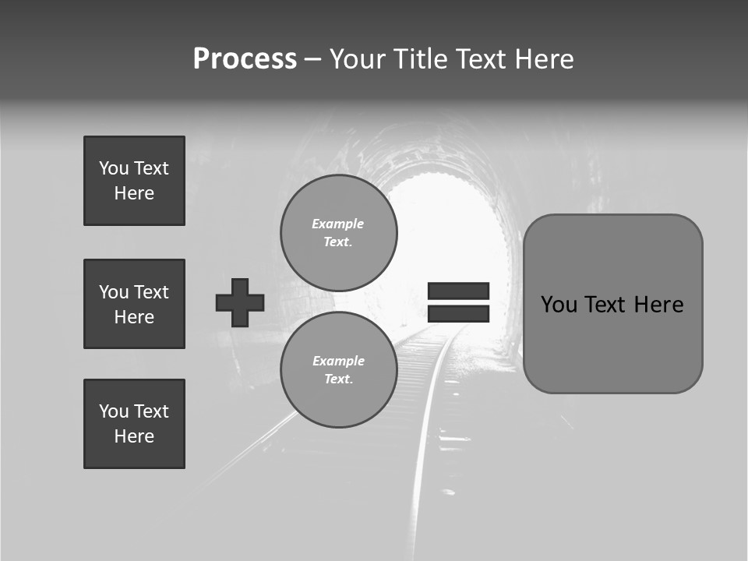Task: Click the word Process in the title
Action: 245,59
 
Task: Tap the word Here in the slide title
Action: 542,59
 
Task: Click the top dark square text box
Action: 134,181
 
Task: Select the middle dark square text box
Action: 134,304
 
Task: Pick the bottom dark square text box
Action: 134,424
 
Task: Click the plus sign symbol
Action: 240,302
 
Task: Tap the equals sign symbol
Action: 458,302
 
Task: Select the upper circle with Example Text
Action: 338,232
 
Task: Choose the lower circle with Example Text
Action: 338,369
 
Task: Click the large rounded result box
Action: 612,304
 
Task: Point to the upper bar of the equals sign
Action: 458,291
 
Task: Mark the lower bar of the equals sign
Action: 458,313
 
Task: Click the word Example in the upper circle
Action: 338,224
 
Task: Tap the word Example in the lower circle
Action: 338,361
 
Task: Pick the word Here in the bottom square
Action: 134,436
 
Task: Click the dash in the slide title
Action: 312,59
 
